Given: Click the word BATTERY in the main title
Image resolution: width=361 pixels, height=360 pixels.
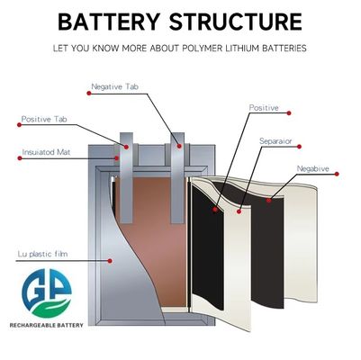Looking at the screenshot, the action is (x=109, y=22).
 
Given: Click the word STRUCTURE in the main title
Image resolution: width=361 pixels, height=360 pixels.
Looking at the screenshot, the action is (x=236, y=22).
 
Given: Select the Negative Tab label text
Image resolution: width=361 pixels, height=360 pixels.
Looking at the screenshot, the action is (x=114, y=86).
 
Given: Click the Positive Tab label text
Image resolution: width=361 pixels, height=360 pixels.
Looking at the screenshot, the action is (x=44, y=119).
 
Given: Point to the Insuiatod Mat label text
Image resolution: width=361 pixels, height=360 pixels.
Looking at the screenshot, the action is (x=46, y=152).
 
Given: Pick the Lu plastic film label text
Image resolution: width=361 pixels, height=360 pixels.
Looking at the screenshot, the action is (x=42, y=254).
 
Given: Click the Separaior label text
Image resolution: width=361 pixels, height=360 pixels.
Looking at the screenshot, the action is (x=275, y=141).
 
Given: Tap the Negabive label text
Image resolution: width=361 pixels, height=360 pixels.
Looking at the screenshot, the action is (x=312, y=168).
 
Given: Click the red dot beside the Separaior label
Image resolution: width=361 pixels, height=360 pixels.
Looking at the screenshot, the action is (x=299, y=147).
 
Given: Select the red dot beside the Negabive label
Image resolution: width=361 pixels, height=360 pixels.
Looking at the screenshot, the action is (x=337, y=174).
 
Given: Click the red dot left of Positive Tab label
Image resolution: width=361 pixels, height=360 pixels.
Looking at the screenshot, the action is (x=20, y=125).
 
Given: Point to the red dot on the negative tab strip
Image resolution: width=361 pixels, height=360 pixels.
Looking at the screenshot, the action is (x=179, y=146).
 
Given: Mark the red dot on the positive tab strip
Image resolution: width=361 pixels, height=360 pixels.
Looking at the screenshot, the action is (x=126, y=147).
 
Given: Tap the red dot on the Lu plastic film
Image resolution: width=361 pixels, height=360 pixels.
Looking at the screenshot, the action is (x=110, y=261).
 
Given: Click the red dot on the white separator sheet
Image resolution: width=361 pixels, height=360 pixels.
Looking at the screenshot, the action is (x=239, y=211).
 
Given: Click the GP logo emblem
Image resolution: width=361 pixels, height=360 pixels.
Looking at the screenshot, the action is (x=47, y=293).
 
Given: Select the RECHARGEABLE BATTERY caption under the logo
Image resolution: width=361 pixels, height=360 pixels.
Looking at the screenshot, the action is (x=47, y=325).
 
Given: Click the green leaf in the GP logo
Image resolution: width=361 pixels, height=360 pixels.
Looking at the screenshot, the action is (x=51, y=309).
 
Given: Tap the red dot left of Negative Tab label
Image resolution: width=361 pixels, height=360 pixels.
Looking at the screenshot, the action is (x=89, y=94).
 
